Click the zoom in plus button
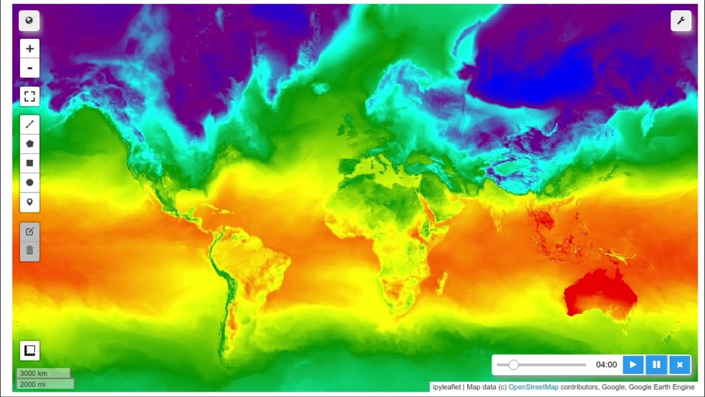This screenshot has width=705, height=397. click(30, 49)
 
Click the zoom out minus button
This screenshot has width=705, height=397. click(30, 68)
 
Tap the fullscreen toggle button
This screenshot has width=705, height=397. click(30, 97)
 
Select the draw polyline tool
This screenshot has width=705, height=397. click(30, 125)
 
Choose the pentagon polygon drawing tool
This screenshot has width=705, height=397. click(30, 143)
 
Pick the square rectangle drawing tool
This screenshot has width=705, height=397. click(30, 163)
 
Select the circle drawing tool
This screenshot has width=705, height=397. click(30, 183)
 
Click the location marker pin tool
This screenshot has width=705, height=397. click(30, 202)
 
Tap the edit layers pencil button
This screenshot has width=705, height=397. click(30, 232)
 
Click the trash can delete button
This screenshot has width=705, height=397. click(30, 251)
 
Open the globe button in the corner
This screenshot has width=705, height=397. click(29, 21)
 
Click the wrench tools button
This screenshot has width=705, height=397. click(681, 21)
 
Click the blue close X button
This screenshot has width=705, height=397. click(680, 364)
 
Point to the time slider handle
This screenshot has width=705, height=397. click(513, 364)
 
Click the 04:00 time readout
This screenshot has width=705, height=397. click(606, 364)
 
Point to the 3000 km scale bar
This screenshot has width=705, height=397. click(43, 373)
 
